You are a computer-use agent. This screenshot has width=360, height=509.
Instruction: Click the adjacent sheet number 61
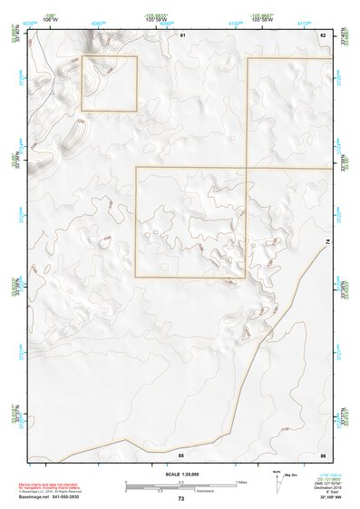click(182, 34)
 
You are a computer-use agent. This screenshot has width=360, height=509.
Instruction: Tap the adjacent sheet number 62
click(322, 34)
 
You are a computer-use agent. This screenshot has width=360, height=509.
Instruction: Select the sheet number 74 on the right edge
click(327, 240)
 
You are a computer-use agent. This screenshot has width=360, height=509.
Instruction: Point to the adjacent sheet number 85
click(181, 453)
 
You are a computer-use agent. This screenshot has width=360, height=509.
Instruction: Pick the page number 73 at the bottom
click(180, 499)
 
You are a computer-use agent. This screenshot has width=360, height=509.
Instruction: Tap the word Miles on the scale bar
click(240, 482)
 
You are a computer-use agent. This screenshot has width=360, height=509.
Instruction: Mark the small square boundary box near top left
click(109, 83)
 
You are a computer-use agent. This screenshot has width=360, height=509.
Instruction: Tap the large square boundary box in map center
click(190, 221)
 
